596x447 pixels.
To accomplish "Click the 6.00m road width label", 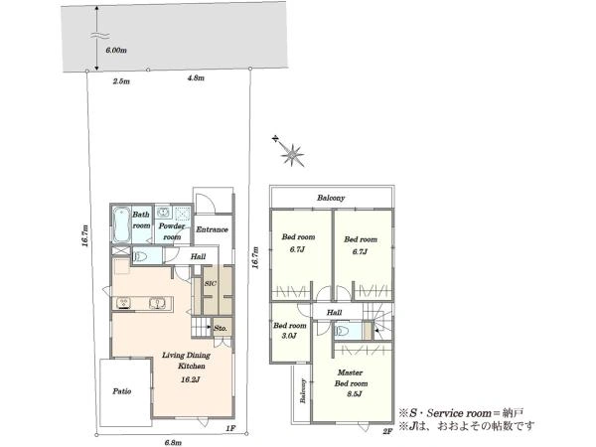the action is tap(116, 51).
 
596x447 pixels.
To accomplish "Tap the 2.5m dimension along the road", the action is tap(121, 81).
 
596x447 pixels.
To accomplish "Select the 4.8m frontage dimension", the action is tap(196, 77).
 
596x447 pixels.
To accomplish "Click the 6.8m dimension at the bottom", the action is tap(173, 442).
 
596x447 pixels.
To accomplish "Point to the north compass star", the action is tap(291, 154).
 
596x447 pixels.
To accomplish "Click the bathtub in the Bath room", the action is tap(121, 225).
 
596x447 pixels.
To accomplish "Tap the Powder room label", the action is tap(172, 231).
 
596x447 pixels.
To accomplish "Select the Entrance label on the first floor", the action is tap(213, 229).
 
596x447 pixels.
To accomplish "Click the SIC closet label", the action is tap(211, 283).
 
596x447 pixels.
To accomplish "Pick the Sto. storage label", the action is tap(221, 328).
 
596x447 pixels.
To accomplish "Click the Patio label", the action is tap(122, 391).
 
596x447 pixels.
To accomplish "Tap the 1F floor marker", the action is tap(230, 428).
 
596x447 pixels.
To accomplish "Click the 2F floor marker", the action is tap(387, 431).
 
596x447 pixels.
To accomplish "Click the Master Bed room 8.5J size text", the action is tap(354, 394).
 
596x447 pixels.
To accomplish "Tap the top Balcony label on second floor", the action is tap(331, 198).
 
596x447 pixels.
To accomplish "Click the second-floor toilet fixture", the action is tap(343, 332).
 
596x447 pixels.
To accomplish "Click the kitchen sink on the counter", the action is tap(157, 303).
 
